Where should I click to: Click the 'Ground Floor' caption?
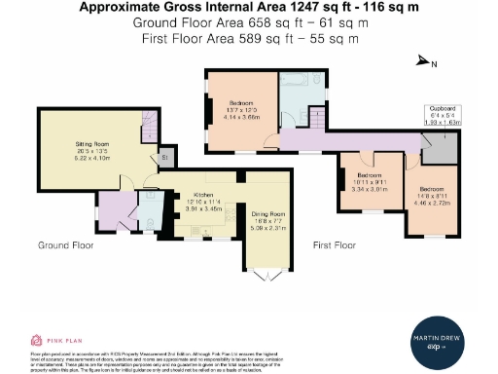pos(65,245)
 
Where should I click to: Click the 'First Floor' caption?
pos(334,245)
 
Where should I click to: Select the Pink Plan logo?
pos(53,341)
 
